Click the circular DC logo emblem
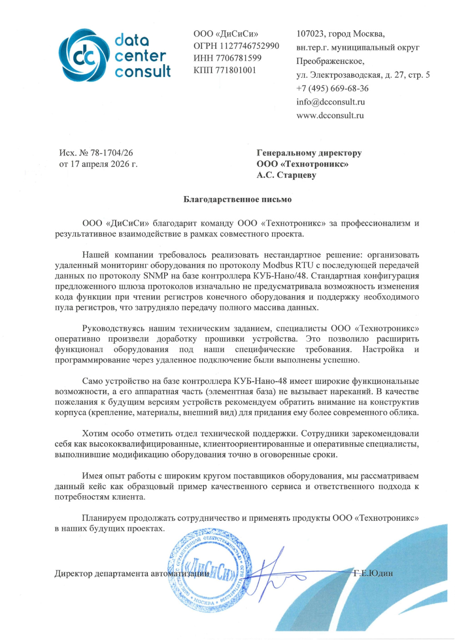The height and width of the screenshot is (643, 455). [85, 56]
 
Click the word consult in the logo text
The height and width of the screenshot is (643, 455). [142, 71]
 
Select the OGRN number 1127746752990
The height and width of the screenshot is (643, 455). [249, 46]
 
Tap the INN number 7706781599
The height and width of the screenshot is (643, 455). [239, 58]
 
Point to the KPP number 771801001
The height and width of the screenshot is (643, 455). [236, 71]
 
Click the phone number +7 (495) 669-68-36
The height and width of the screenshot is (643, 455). [333, 89]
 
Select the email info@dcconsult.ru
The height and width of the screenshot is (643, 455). [331, 102]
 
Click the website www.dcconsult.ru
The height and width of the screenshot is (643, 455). [330, 116]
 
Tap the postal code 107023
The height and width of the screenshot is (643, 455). [310, 34]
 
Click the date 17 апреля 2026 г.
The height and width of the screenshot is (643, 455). [104, 164]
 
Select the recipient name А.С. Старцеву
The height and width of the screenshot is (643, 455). [286, 175]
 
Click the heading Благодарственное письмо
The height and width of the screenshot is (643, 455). [238, 199]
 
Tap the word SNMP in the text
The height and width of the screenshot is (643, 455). [156, 276]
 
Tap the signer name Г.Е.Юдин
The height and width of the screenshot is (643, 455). [373, 573]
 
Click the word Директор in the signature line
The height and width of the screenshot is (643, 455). [73, 574]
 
